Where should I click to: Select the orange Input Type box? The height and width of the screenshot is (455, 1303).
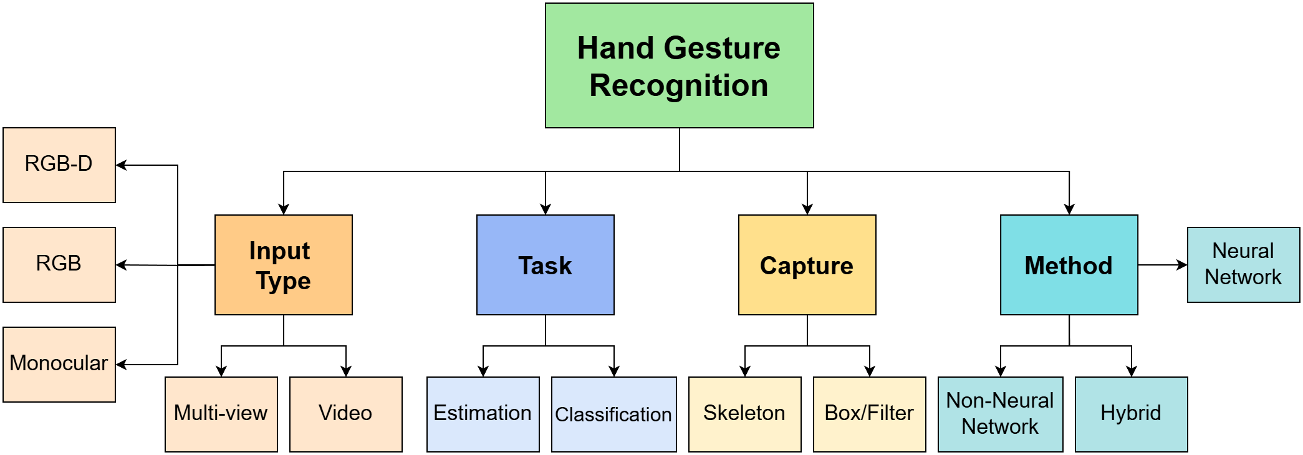pyautogui.click(x=283, y=265)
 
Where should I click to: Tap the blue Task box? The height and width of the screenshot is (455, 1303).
pyautogui.click(x=545, y=265)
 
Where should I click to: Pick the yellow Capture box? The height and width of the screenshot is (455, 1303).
pyautogui.click(x=807, y=265)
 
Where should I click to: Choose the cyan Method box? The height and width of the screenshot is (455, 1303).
pyautogui.click(x=1069, y=265)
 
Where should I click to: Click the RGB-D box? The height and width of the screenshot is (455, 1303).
pyautogui.click(x=59, y=165)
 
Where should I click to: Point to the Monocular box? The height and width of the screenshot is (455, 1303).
pyautogui.click(x=59, y=364)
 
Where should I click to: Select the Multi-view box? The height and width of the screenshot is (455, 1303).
pyautogui.click(x=221, y=414)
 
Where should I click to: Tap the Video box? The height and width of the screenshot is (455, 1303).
pyautogui.click(x=345, y=414)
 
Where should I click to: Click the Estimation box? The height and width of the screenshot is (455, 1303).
pyautogui.click(x=483, y=414)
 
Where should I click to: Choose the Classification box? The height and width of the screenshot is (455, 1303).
pyautogui.click(x=613, y=414)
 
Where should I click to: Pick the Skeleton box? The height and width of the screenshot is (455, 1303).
pyautogui.click(x=744, y=414)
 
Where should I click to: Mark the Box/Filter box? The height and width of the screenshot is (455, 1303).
pyautogui.click(x=869, y=414)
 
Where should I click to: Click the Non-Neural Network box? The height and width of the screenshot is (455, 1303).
pyautogui.click(x=1000, y=414)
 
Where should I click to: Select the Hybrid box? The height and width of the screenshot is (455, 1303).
pyautogui.click(x=1131, y=414)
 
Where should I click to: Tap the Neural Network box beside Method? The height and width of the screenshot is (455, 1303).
pyautogui.click(x=1243, y=264)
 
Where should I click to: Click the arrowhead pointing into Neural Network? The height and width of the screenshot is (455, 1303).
pyautogui.click(x=1182, y=265)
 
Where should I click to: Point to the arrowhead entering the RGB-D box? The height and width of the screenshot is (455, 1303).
pyautogui.click(x=122, y=165)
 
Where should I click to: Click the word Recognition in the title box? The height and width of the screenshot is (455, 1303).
pyautogui.click(x=679, y=85)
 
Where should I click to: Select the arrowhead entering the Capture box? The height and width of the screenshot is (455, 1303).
pyautogui.click(x=807, y=209)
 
